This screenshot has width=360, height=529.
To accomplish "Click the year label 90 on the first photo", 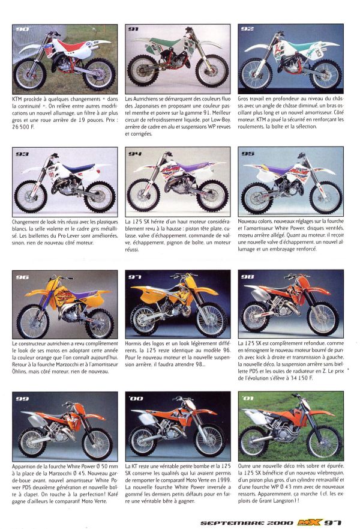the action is click(x=23, y=29).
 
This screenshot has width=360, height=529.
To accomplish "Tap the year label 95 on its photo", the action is click(x=248, y=154).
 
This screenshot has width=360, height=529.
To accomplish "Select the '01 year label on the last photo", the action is click(x=248, y=398).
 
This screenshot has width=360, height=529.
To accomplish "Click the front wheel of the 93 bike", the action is click(x=31, y=197).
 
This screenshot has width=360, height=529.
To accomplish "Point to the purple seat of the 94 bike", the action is click(x=191, y=166).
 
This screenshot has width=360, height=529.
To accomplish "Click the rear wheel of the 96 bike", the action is click(x=100, y=323).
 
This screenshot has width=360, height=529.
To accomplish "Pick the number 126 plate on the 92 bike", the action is click(x=318, y=53).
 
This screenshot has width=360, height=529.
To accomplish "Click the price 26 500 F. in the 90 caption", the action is click(x=23, y=127).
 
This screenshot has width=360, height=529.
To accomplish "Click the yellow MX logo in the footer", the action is click(x=309, y=522).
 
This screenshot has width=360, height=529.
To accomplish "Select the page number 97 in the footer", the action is click(x=332, y=522).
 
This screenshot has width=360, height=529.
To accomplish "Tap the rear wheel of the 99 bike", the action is click(x=32, y=443).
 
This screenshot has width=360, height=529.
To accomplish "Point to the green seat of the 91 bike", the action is click(x=164, y=43).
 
